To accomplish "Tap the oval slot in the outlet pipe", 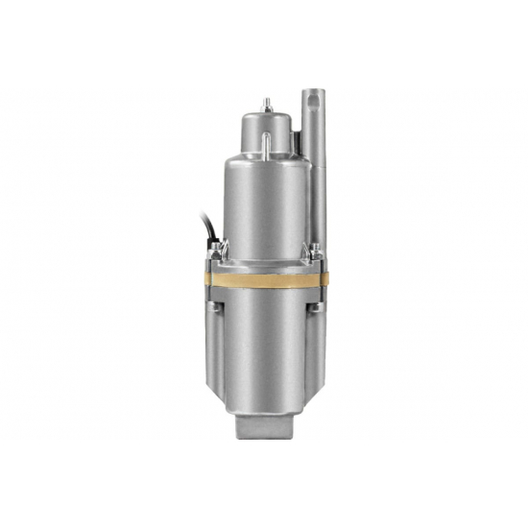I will click(x=312, y=100).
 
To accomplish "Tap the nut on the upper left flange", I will click(x=219, y=252).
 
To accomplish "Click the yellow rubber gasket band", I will click(x=264, y=277).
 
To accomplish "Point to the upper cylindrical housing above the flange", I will click(x=259, y=206).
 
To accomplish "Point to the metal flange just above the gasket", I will click(x=264, y=262).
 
